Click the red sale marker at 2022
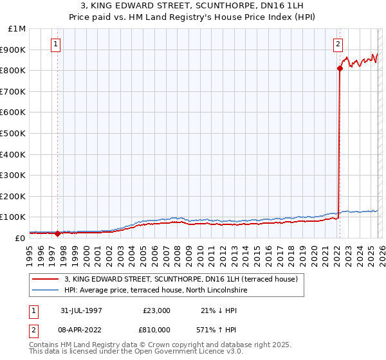click(339, 68)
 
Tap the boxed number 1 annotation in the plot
click(56, 44)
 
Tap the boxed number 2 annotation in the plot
click(338, 44)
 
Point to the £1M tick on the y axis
click(17, 29)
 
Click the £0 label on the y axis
click(19, 239)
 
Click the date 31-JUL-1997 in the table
click(81, 310)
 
